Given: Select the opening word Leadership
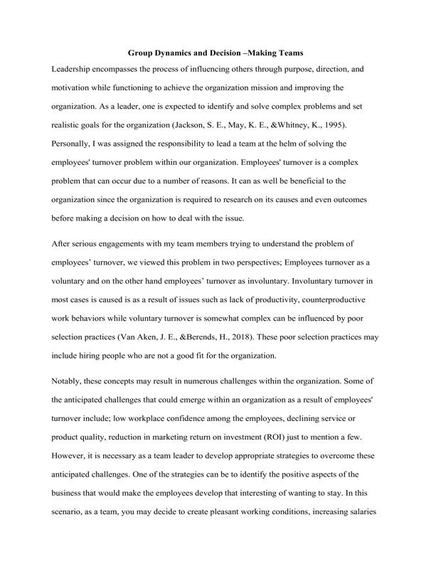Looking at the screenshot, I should coord(77,70).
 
